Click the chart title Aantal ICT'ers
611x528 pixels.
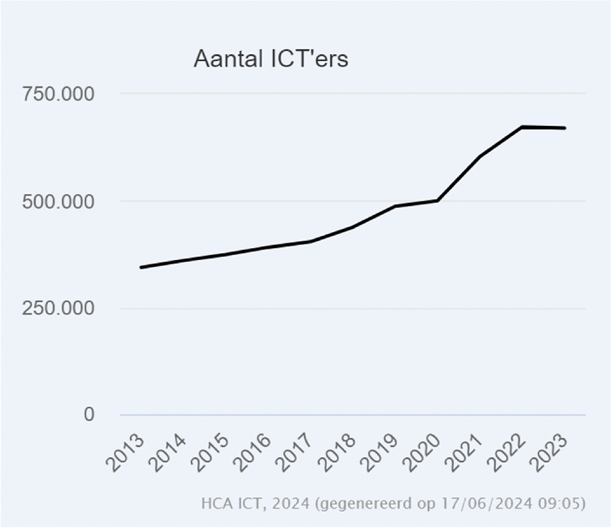click(271, 59)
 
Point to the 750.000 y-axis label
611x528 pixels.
click(58, 94)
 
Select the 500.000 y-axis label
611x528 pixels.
click(58, 202)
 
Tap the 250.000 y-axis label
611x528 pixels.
click(58, 309)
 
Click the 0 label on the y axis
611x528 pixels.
click(89, 414)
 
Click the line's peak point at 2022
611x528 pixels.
click(522, 127)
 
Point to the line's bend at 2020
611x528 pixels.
click(437, 201)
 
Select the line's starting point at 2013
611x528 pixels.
click(141, 268)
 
